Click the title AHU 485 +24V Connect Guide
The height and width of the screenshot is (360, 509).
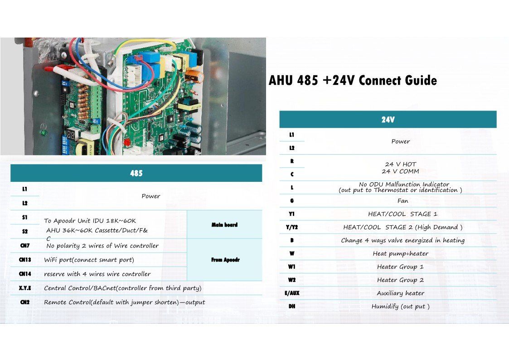coord(353,81)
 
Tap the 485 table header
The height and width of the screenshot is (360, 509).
coord(136,173)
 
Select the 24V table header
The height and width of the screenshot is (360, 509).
coord(388,120)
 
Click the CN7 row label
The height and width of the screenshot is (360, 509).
coord(24,246)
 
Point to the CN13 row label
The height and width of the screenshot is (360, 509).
coord(24,260)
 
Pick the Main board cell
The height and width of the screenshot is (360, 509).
coord(224,224)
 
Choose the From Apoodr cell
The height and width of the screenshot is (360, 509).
coord(224,260)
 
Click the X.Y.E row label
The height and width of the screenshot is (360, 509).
coord(24,288)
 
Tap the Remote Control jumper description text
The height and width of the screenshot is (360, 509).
coord(124,302)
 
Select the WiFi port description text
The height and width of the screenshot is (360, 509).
coord(89,260)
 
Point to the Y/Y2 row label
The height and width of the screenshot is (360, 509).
coord(291,227)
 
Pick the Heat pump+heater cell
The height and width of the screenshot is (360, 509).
coord(400,253)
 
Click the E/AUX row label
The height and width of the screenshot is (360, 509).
coord(291,293)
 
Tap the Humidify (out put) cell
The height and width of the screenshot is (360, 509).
coord(400,306)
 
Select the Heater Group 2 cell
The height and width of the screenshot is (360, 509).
coord(400,280)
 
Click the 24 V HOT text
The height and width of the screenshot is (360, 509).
coord(400,164)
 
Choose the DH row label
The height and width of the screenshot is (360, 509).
coord(291,306)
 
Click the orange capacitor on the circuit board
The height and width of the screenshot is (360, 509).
coord(192,75)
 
